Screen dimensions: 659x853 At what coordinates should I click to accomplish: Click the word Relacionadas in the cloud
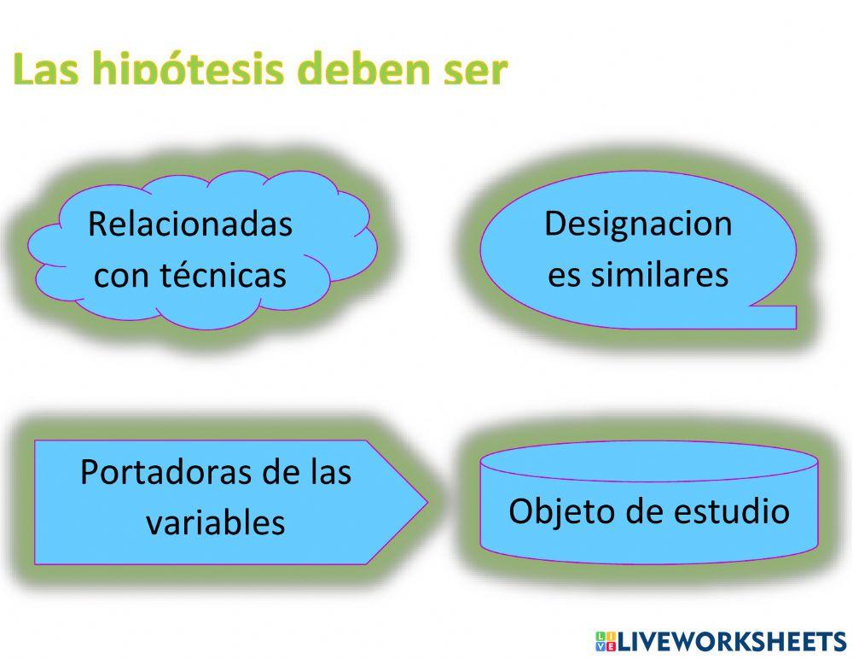tap(189, 225)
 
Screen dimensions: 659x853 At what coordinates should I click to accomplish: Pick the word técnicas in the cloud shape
tap(228, 275)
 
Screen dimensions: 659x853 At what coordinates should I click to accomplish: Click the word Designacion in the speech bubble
tap(638, 224)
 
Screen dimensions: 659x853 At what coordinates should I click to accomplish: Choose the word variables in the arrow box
tap(215, 522)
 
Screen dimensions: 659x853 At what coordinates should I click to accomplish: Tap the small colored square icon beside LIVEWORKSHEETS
tap(605, 640)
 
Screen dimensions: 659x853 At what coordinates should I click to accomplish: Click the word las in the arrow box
tap(328, 472)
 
